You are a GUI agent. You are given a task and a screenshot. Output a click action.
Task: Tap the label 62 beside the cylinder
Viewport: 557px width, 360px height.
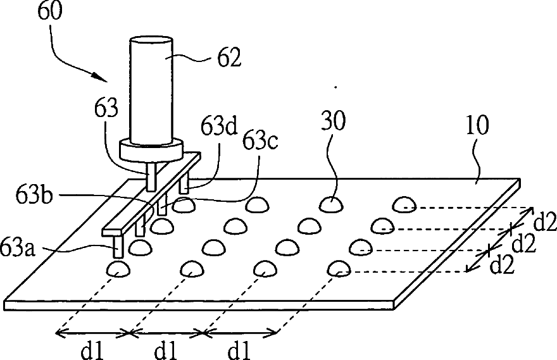click(230, 57)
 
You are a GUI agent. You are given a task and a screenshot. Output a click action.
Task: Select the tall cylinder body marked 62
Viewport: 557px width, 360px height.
click(152, 90)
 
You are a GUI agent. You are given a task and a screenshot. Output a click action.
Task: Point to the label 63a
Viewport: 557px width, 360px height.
click(17, 248)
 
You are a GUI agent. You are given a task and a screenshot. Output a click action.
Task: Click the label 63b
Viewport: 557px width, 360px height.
click(34, 195)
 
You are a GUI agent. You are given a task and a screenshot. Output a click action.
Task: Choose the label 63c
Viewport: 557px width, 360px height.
click(260, 141)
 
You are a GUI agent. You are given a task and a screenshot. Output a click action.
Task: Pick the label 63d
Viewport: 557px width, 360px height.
click(219, 127)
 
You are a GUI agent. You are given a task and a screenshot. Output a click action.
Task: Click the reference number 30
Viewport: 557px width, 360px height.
click(333, 121)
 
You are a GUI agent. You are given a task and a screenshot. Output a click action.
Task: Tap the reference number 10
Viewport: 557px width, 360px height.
click(477, 125)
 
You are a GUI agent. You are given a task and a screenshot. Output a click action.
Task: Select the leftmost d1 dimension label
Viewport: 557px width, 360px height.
click(92, 351)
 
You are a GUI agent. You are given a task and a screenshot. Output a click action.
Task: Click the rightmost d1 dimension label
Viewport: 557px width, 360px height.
click(239, 351)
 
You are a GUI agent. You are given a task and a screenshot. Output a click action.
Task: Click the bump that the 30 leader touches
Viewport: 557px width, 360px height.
click(331, 205)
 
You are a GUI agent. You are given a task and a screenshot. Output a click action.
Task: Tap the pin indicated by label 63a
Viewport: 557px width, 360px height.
click(118, 247)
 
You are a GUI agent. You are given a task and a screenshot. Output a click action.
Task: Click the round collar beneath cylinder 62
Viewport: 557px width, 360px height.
click(152, 151)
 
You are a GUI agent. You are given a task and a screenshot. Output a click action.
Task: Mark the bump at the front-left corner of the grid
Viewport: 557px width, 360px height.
click(118, 269)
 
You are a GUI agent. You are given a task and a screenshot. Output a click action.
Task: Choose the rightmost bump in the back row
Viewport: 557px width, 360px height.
click(404, 204)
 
